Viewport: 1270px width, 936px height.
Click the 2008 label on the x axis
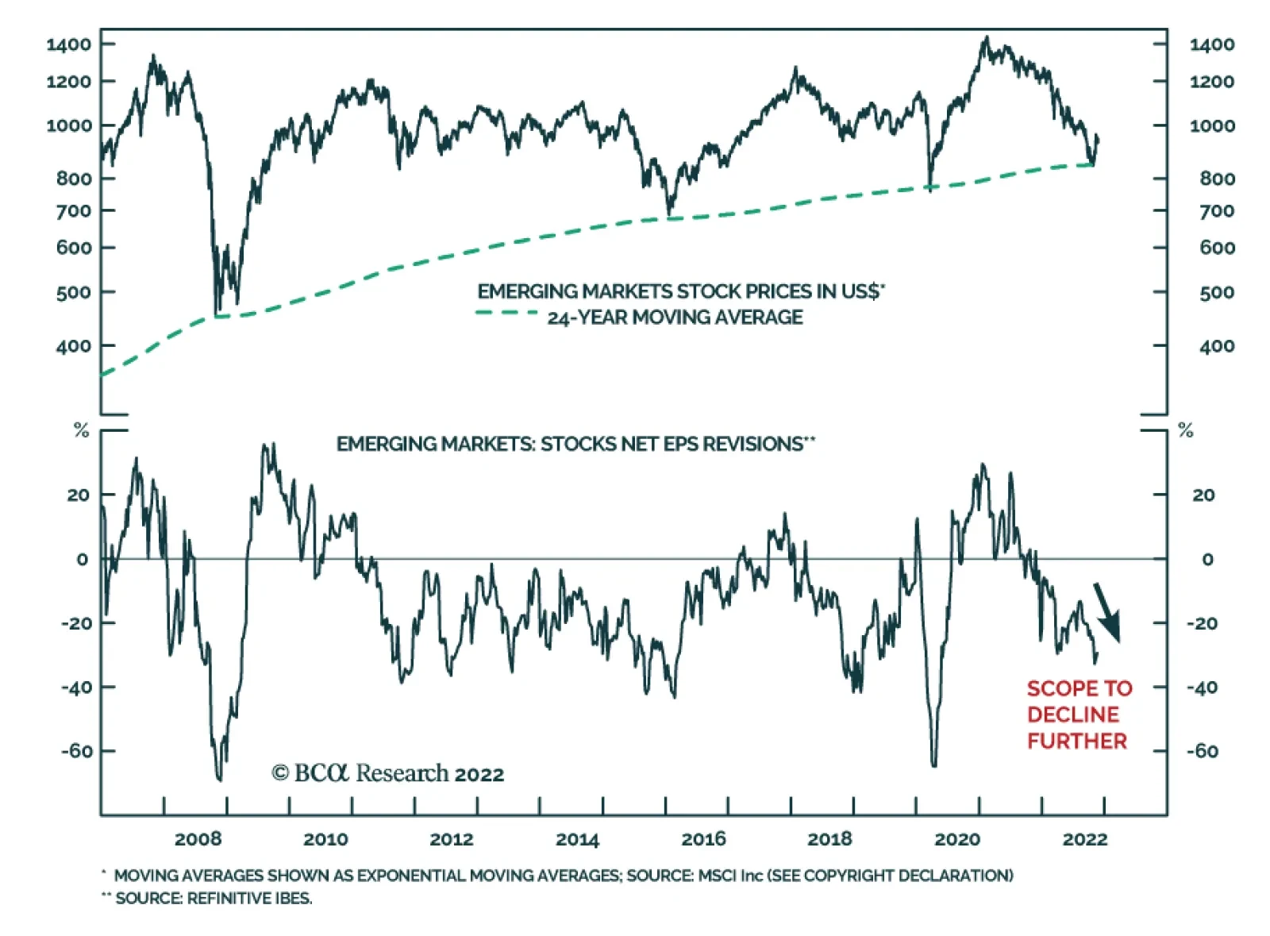coord(198,839)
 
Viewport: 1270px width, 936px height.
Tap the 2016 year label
coord(703,839)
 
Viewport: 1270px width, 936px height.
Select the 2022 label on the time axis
coord(1084,839)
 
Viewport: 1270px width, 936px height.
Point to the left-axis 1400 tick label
coord(69,44)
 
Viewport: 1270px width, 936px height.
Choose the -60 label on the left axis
coord(77,751)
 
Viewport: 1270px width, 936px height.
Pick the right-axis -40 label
coord(1202,688)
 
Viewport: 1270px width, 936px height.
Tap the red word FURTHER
coord(1077,741)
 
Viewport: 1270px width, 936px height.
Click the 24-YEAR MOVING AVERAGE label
coord(675,318)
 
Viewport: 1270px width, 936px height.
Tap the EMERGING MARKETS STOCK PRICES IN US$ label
coord(679,291)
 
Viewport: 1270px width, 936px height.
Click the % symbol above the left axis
coord(81,430)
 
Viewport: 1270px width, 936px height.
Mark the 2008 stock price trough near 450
coord(218,312)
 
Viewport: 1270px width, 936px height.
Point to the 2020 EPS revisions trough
coord(933,765)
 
